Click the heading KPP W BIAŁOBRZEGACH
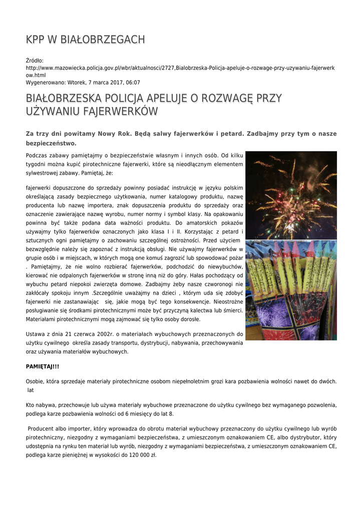click(85, 39)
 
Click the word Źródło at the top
click(35, 60)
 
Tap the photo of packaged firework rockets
click(291, 290)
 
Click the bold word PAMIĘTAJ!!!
click(43, 366)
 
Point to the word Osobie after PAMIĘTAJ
click(35, 381)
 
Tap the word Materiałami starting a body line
click(43, 319)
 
